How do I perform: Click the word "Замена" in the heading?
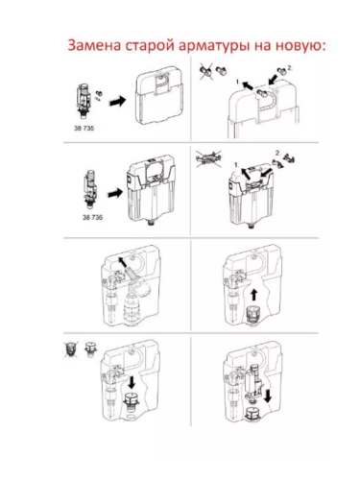point(91,46)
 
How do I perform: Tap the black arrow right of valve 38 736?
point(114,191)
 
